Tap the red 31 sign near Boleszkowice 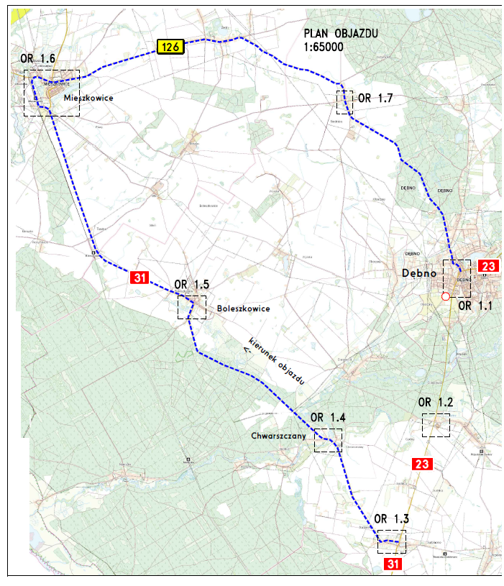click(139, 277)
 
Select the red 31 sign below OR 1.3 click(393, 564)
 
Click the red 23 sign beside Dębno click(487, 266)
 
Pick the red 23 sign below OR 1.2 click(422, 464)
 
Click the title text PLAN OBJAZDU click(341, 35)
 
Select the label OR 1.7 click(375, 99)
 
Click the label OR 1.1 click(475, 306)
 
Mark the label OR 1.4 click(328, 418)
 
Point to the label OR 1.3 click(392, 519)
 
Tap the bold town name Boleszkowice click(242, 309)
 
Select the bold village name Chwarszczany click(280, 436)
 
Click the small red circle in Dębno click(445, 296)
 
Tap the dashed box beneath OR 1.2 click(436, 426)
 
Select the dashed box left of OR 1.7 click(344, 102)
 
